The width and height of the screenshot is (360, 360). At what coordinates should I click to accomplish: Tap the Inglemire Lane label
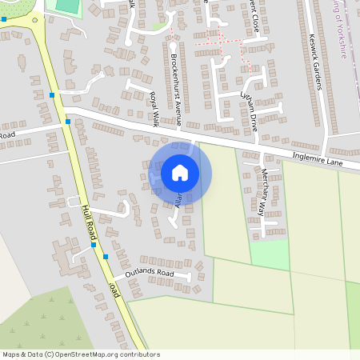[318, 161]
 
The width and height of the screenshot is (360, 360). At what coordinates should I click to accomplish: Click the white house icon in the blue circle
[180, 172]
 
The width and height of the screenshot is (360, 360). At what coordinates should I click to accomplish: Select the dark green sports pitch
[63, 6]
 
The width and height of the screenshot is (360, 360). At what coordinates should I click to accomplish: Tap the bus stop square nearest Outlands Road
[105, 257]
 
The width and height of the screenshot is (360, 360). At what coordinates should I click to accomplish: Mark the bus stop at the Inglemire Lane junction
[68, 122]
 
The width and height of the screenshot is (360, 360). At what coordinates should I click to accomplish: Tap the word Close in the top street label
[255, 11]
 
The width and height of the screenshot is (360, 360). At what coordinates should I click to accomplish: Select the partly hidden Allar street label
[178, 201]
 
